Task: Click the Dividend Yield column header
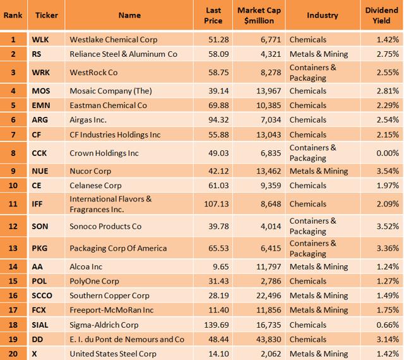381,15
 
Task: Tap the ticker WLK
40,40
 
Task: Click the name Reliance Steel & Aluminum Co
123,54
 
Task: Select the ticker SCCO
43,296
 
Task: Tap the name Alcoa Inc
86,267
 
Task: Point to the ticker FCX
40,310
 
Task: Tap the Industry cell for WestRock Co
312,73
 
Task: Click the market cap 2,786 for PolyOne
266,281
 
